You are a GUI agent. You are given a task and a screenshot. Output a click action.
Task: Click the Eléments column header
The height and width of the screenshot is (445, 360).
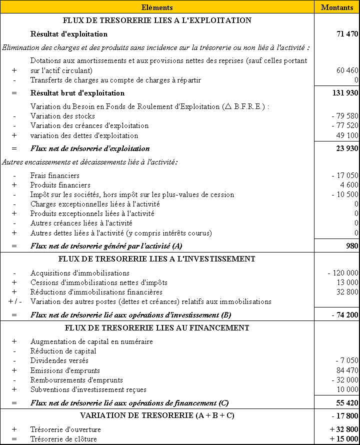[157, 7]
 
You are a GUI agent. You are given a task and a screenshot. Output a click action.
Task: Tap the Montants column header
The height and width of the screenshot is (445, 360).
[337, 7]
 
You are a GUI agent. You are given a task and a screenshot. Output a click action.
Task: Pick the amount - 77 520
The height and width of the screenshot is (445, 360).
[344, 125]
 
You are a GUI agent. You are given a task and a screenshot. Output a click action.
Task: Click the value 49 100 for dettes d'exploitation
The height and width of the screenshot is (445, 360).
[347, 135]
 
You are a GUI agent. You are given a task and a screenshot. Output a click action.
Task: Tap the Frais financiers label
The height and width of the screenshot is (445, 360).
[55, 175]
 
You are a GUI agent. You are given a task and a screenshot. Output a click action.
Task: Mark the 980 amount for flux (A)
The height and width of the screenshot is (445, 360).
[352, 246]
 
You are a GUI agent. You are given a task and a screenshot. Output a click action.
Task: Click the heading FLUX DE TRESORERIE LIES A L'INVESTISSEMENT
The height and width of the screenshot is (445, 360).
[157, 259]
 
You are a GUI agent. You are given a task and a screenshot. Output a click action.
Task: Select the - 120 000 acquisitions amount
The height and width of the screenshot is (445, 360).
[343, 273]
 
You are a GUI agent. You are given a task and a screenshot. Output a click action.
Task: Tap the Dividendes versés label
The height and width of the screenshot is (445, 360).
[59, 360]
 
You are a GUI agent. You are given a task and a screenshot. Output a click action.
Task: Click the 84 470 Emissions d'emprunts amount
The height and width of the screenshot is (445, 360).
[347, 370]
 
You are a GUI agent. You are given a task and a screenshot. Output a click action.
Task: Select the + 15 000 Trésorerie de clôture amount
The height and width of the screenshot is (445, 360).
[344, 439]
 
